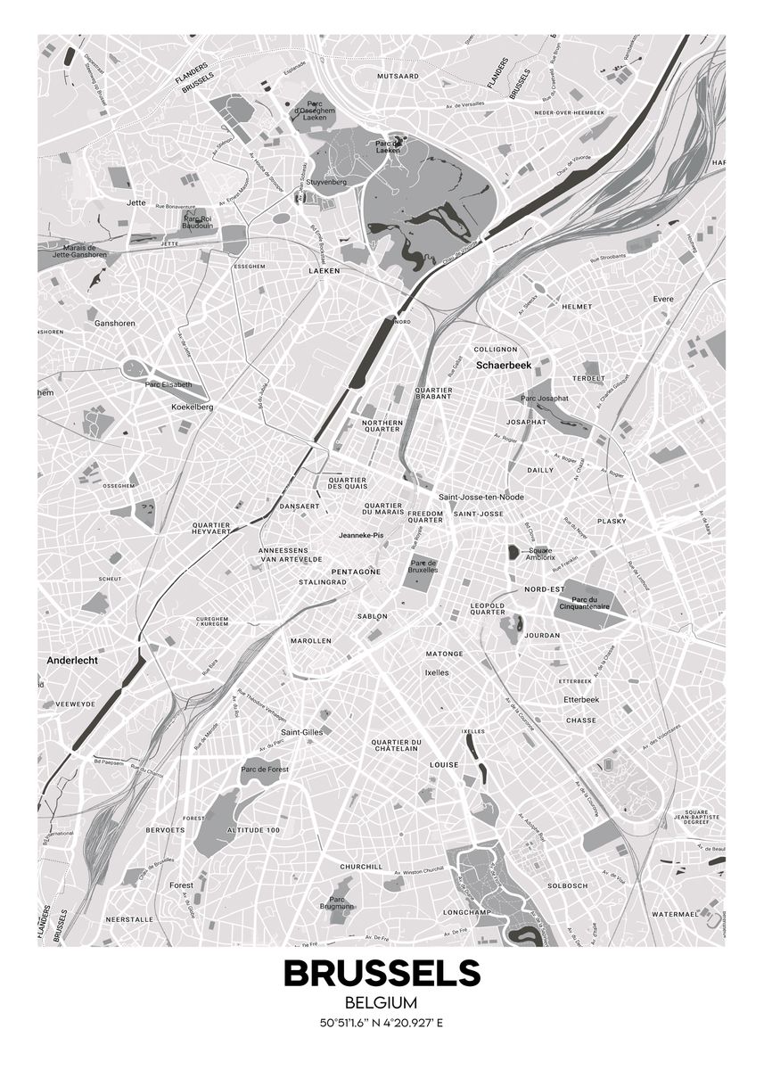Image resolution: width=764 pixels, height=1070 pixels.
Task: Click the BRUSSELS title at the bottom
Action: click(x=382, y=973)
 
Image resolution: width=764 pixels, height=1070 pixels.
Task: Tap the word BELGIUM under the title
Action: click(x=382, y=1004)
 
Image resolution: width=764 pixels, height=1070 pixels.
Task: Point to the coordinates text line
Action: click(x=382, y=1023)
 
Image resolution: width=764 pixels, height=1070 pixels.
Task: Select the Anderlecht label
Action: click(x=72, y=662)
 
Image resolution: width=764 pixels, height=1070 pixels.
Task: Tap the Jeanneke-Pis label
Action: click(x=361, y=535)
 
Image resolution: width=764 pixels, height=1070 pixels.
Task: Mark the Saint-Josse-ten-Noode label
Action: click(x=481, y=497)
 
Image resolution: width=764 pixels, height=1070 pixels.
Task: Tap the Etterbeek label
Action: click(x=581, y=700)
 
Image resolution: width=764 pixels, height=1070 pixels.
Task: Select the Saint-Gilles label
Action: click(x=301, y=731)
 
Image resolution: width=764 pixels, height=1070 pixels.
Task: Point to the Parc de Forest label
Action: click(x=264, y=769)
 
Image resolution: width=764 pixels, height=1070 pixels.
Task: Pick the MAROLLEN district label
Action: click(x=311, y=641)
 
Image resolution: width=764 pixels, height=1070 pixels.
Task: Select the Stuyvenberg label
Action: click(x=326, y=181)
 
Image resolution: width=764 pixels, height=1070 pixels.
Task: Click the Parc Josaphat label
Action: click(x=545, y=398)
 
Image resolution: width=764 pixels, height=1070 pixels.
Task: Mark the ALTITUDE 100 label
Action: click(x=253, y=830)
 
